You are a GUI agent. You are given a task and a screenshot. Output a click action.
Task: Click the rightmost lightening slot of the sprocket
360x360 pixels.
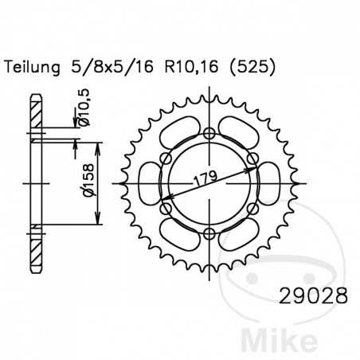pos(269,182)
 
